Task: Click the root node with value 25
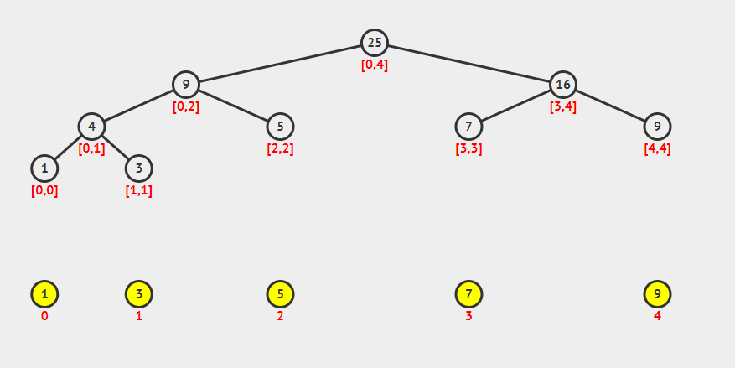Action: click(x=375, y=43)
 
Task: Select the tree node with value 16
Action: click(x=563, y=85)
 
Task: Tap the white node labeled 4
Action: click(x=91, y=127)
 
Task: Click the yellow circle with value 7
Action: click(x=468, y=294)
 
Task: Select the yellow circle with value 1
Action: click(x=44, y=294)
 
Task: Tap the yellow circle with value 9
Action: click(x=657, y=294)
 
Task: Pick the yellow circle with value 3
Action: click(x=138, y=294)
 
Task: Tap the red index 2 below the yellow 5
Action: click(x=280, y=316)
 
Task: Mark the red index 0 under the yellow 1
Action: click(x=44, y=316)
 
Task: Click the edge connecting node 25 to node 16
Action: click(x=469, y=64)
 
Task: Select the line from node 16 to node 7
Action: click(x=516, y=106)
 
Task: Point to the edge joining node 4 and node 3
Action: click(x=115, y=148)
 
